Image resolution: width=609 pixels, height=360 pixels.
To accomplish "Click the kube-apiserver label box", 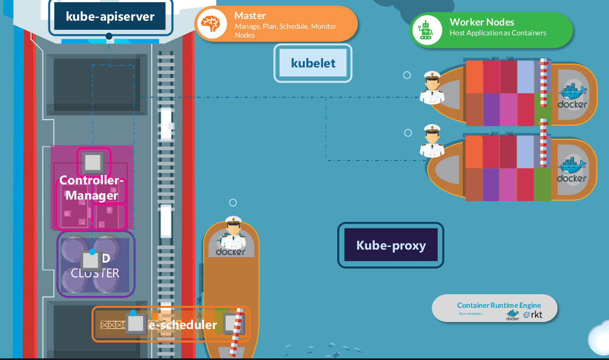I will click(x=110, y=16).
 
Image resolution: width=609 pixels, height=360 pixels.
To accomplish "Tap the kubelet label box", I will click(x=313, y=63).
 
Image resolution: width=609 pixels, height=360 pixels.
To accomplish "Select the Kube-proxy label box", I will click(x=390, y=245).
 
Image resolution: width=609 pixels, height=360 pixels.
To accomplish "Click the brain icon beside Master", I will click(x=212, y=24).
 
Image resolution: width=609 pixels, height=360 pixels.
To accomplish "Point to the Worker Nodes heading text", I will click(x=482, y=22).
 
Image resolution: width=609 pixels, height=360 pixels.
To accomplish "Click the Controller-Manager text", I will click(x=91, y=188).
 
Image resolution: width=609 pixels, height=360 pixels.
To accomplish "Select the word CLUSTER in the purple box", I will click(x=95, y=273).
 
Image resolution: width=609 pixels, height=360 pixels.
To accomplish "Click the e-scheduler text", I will click(x=183, y=325).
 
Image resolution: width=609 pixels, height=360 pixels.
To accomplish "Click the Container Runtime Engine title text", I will click(x=499, y=305).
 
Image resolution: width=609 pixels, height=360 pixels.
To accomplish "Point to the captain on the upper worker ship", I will click(x=432, y=88).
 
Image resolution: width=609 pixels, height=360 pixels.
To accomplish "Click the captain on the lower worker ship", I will click(x=432, y=143).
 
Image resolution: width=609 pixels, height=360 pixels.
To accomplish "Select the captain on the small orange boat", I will click(x=233, y=234).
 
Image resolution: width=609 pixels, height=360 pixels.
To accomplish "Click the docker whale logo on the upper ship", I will click(x=572, y=95).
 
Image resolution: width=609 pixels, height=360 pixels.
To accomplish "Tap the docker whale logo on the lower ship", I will click(x=571, y=169).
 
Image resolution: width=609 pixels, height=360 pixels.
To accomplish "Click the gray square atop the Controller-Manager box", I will click(x=93, y=162).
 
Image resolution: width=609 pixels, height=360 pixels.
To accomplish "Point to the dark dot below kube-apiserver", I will click(x=109, y=36).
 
